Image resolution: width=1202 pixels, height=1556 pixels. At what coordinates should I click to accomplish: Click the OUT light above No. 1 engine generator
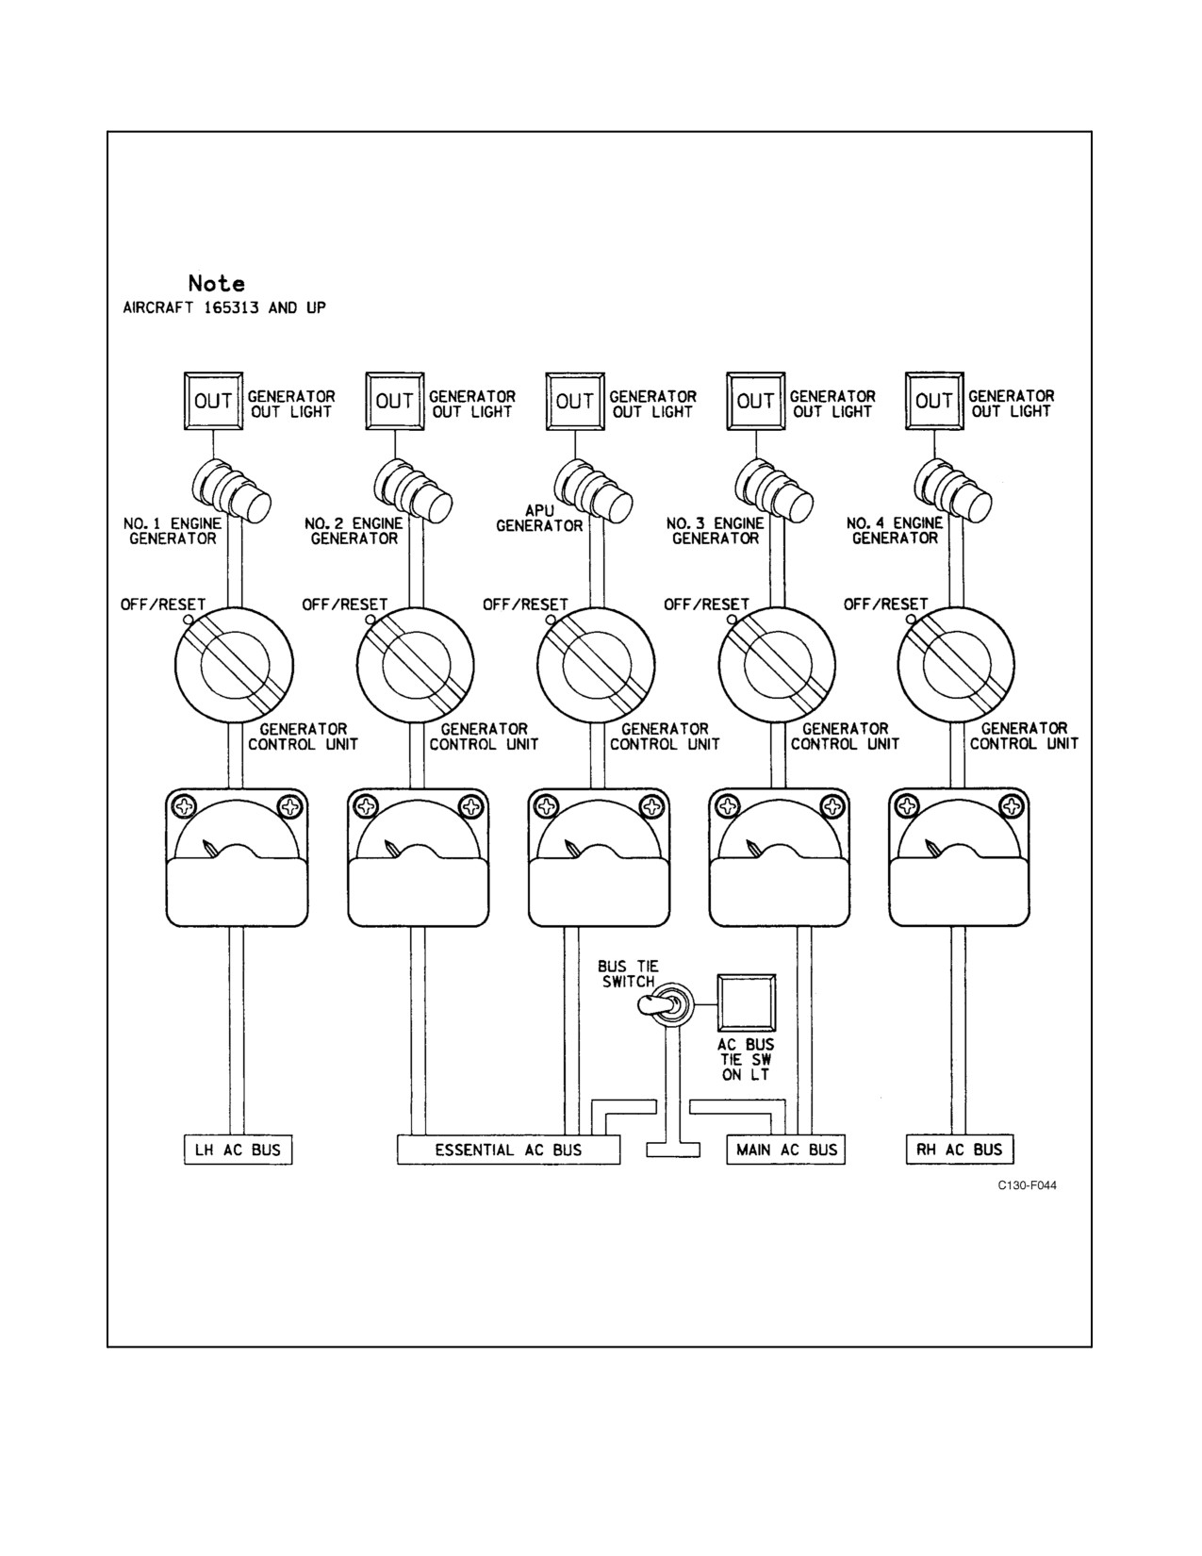coord(213,401)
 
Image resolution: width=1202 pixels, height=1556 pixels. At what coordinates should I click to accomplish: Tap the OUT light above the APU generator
coord(575,401)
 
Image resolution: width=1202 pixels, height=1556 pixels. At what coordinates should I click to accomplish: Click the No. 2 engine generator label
coord(354,531)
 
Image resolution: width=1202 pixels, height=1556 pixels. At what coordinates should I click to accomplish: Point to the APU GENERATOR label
coord(540,518)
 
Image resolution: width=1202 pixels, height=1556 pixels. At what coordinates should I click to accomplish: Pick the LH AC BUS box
coord(239,1150)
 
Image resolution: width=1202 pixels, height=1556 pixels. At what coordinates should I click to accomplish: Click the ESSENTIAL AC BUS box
coord(508,1150)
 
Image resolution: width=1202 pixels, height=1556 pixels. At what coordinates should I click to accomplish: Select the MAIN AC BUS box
coord(786,1150)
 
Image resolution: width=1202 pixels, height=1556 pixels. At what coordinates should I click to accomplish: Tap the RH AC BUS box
coord(960,1150)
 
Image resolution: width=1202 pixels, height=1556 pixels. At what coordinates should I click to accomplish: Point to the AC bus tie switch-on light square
coord(746,1002)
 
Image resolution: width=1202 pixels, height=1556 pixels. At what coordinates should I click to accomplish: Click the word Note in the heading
coord(216,284)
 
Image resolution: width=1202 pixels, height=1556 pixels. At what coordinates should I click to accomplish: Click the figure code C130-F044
coord(1028,1185)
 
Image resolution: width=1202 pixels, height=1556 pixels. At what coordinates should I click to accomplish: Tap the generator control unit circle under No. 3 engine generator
coord(777,666)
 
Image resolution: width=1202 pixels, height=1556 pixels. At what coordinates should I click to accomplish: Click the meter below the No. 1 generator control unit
coord(237,858)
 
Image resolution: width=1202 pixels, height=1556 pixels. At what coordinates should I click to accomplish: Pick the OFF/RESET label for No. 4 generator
coord(885,604)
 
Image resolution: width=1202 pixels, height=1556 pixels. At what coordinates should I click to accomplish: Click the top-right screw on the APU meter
coord(652,805)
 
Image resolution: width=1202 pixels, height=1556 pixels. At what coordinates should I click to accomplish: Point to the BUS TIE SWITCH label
coord(629,974)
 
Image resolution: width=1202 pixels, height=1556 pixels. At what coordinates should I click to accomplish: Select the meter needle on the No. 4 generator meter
coord(932,848)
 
